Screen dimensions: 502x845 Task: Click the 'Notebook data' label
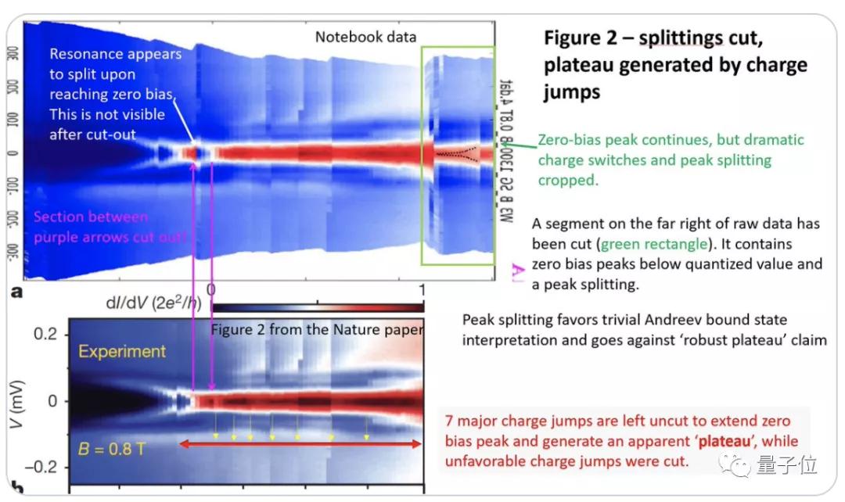tap(365, 37)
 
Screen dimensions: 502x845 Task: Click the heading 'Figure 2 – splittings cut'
tap(648, 38)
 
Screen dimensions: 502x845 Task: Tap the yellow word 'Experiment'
tap(121, 352)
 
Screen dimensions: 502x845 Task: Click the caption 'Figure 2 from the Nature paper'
tap(317, 329)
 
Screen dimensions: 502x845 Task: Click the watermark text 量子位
tap(786, 466)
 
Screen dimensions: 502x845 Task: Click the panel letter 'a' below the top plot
tap(16, 293)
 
